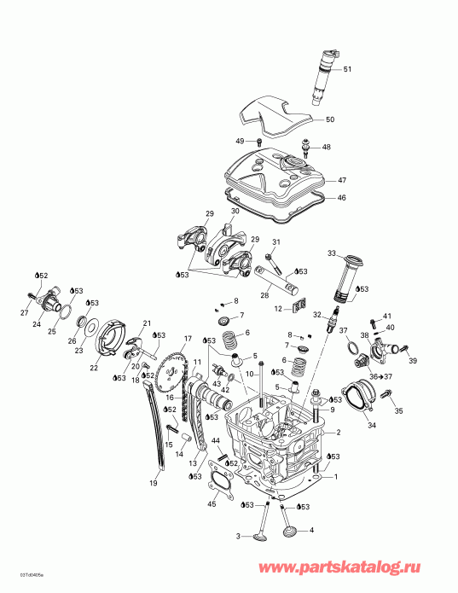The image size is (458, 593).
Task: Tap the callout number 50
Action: pyautogui.click(x=330, y=119)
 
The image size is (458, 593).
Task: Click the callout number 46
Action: pyautogui.click(x=342, y=198)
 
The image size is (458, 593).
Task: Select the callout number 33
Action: pyautogui.click(x=333, y=253)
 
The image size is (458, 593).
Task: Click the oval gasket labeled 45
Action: pyautogui.click(x=220, y=480)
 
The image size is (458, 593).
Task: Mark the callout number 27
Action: pyautogui.click(x=24, y=312)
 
